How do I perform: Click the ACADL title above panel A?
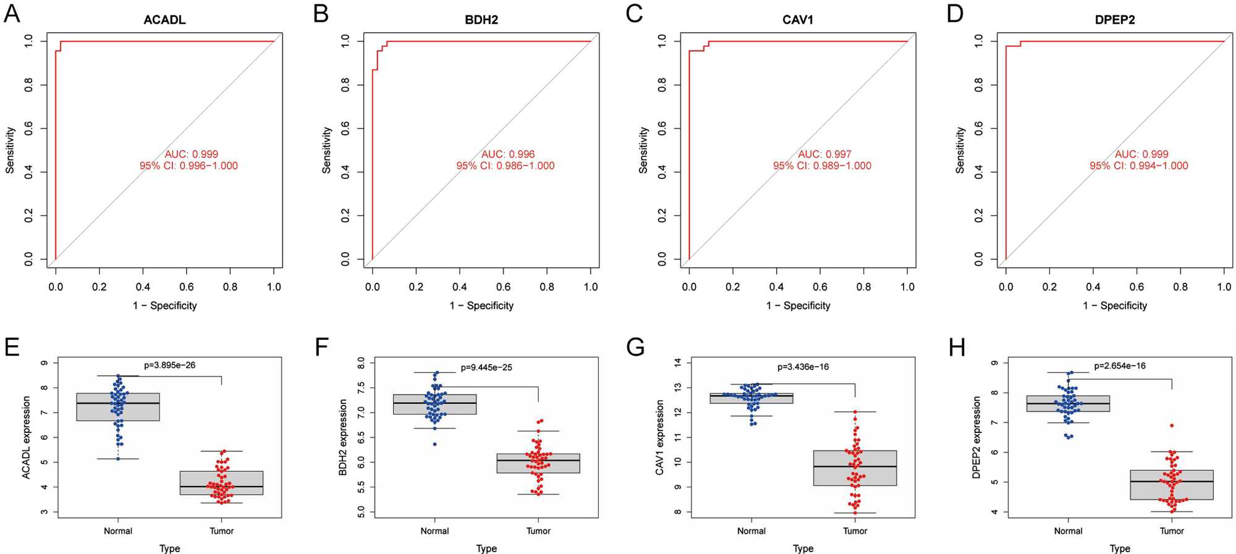coord(164,20)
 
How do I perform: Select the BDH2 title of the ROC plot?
coord(481,20)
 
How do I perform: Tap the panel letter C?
coord(634,14)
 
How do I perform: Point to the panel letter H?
coord(957,348)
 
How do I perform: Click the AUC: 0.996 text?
coord(508,154)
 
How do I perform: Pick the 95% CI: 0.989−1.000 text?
coord(822,166)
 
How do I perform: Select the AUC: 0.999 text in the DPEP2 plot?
coord(1141,154)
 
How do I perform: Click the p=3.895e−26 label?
coord(170,365)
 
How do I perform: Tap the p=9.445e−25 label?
coord(486,367)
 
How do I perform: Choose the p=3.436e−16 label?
coord(803,367)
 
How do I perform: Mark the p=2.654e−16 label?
coord(1120,366)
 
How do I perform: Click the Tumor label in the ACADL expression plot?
coord(222,531)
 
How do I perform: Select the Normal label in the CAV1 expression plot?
coord(751,531)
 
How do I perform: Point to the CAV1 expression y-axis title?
coord(660,437)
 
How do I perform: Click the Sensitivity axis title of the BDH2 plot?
coord(327,150)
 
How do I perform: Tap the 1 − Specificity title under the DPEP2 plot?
coord(1115,306)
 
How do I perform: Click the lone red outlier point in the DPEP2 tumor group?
coord(1171,426)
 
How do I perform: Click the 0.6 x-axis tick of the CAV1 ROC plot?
coord(820,287)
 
